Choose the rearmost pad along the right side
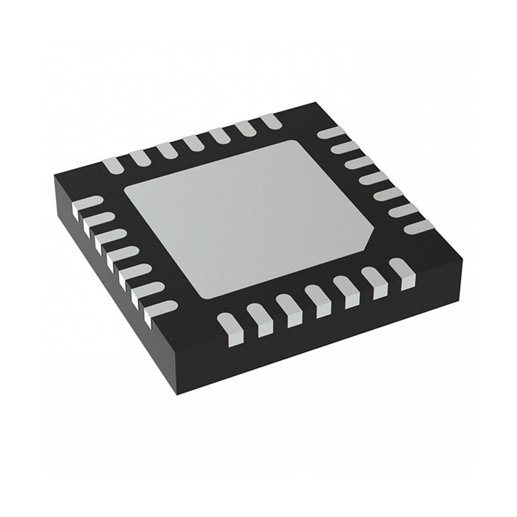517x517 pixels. (332, 134)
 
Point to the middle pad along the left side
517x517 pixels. (118, 255)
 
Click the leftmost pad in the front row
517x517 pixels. (229, 323)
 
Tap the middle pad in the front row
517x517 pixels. (317, 298)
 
